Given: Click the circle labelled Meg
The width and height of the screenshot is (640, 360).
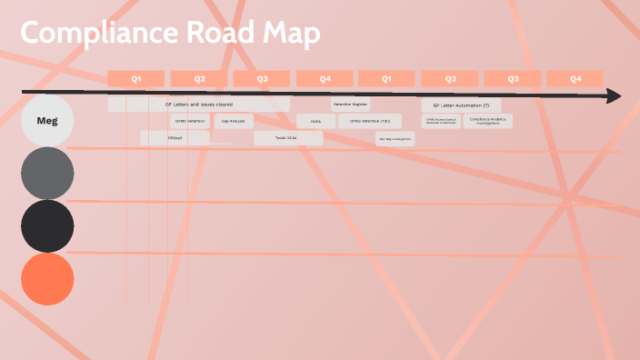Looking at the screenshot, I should tap(47, 120).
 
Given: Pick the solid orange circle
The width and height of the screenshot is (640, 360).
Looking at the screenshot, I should tap(47, 278).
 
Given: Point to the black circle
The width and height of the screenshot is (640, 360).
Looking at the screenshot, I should tap(47, 225).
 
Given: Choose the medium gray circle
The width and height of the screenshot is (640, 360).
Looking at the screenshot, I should tap(47, 173).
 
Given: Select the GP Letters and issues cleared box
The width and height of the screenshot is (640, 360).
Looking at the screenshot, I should tap(198, 105).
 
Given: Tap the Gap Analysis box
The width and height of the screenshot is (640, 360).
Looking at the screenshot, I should tap(234, 121).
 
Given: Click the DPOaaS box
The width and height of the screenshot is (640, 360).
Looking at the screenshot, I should tap(175, 138).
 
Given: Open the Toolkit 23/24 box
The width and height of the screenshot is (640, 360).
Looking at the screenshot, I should tap(287, 138).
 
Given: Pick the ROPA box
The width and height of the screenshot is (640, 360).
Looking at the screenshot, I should tap(315, 121).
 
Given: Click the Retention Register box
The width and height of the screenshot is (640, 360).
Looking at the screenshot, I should tap(349, 105).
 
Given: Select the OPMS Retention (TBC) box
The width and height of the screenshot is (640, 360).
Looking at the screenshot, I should tap(369, 121).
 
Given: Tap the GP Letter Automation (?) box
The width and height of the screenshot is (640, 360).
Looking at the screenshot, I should tap(461, 105).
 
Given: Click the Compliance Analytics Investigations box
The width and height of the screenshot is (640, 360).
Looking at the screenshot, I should tap(488, 120).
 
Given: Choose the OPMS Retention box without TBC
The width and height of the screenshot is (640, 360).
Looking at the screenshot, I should tap(190, 121).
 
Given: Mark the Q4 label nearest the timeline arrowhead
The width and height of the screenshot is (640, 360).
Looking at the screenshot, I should tap(575, 79).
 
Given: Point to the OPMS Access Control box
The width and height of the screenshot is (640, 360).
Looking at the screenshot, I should tap(440, 121).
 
